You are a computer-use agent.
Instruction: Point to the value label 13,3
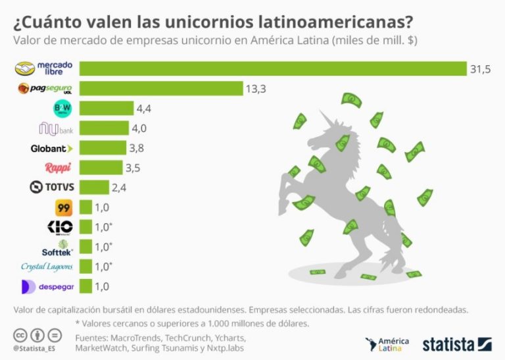(x=256, y=88)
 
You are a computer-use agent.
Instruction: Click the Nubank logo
(x=52, y=128)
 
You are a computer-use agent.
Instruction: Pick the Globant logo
(x=52, y=148)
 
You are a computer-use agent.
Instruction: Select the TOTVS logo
(x=52, y=188)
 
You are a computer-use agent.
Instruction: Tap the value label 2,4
(x=119, y=188)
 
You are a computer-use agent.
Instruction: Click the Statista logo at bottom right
(x=457, y=344)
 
